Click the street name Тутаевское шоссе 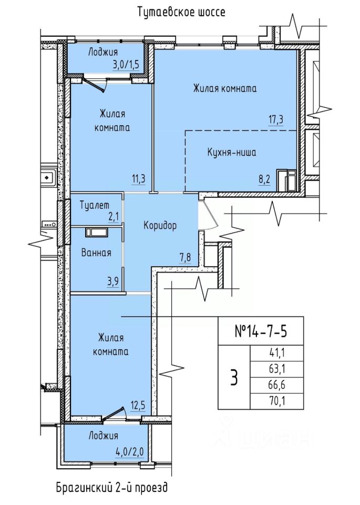[x=181, y=12]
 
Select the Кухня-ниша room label [x=232, y=152]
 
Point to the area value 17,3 [x=276, y=119]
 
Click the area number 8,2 [x=264, y=179]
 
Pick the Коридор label [x=160, y=226]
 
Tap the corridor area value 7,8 [x=185, y=257]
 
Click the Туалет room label [x=95, y=205]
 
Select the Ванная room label [x=96, y=252]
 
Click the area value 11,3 [x=138, y=178]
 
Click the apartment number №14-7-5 [x=261, y=331]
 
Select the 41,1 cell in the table [x=277, y=353]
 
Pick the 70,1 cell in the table [x=277, y=401]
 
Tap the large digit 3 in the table [x=234, y=378]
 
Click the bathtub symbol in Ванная [x=97, y=233]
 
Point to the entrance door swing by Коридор [x=209, y=214]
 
